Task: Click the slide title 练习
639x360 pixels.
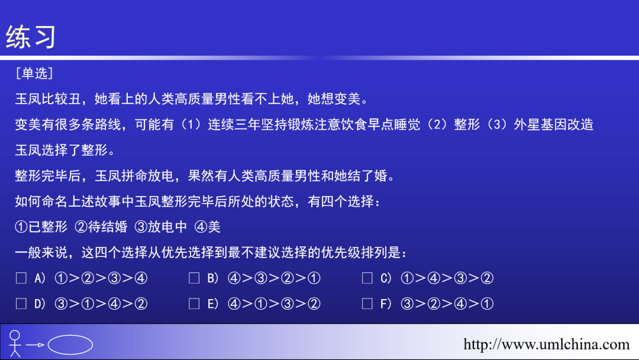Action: pyautogui.click(x=31, y=37)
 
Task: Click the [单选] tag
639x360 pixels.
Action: pyautogui.click(x=35, y=73)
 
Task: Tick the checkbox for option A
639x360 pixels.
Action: pyautogui.click(x=21, y=278)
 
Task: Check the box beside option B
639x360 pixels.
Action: pyautogui.click(x=194, y=278)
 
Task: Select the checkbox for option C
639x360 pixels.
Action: pyautogui.click(x=367, y=278)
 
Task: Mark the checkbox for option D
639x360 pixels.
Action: pyautogui.click(x=21, y=304)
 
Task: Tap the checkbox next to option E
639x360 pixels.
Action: pyautogui.click(x=194, y=304)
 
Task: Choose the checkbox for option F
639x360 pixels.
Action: pyautogui.click(x=367, y=304)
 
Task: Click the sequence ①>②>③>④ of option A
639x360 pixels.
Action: pyautogui.click(x=100, y=278)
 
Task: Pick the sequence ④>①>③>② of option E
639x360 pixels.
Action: pyautogui.click(x=273, y=304)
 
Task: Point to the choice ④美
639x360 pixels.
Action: pyautogui.click(x=207, y=227)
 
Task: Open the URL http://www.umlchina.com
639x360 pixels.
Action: pyautogui.click(x=546, y=344)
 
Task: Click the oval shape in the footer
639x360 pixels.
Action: pyautogui.click(x=70, y=345)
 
